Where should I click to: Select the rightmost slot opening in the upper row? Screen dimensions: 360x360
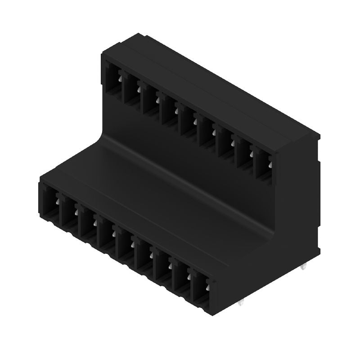click(264, 165)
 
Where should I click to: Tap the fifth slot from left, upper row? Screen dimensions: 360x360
click(189, 122)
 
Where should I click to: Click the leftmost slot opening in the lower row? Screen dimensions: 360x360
click(50, 206)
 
